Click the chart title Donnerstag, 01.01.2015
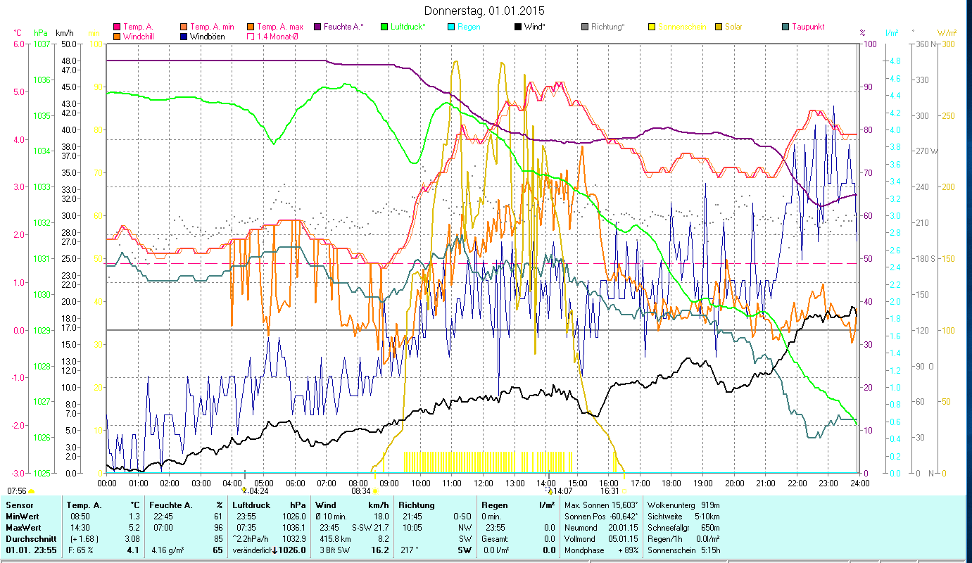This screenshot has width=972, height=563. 485,11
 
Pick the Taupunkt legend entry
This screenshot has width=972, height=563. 808,27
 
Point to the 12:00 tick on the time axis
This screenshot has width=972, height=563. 484,483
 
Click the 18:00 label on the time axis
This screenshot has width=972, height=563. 671,483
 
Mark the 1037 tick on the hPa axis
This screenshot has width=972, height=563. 42,44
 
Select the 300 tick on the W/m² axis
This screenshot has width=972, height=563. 947,44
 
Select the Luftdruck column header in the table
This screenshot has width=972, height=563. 251,505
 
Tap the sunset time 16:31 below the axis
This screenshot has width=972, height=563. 610,491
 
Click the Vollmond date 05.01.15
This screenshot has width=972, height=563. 624,538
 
